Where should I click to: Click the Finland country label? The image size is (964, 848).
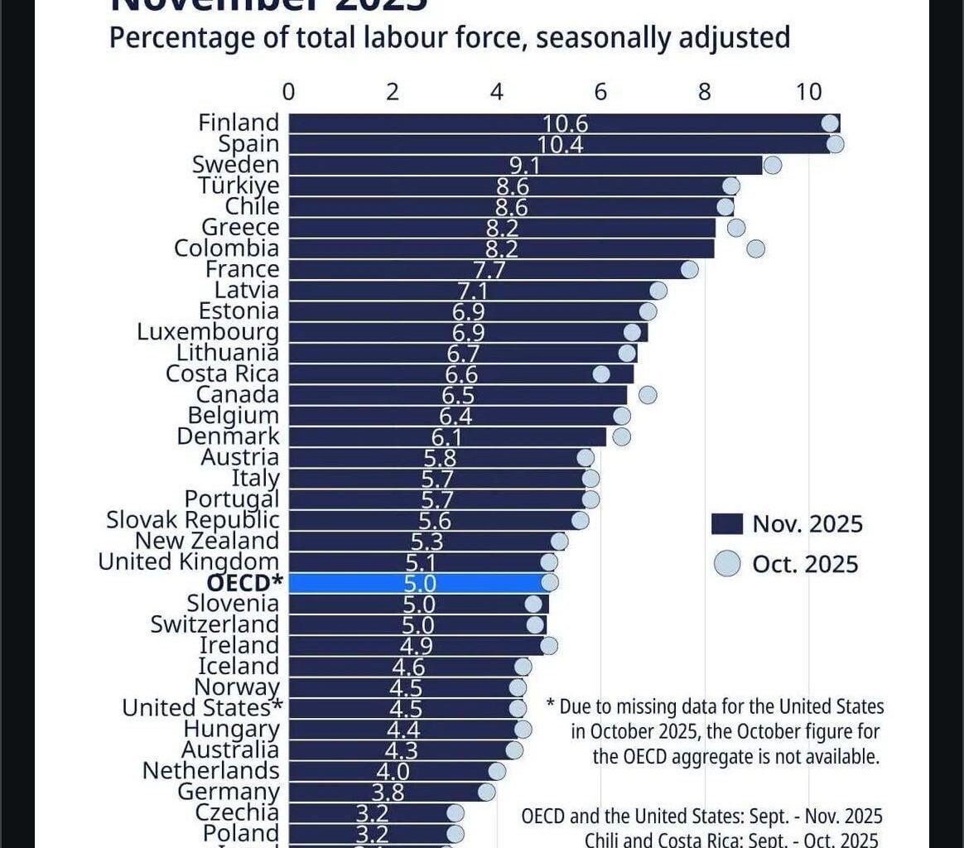239,123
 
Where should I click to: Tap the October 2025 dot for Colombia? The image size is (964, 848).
755,248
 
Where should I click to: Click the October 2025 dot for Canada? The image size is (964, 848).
648,395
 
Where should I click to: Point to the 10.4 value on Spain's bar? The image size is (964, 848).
562,144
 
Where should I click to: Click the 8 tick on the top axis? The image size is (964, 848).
705,91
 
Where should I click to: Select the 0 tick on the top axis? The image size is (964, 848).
288,91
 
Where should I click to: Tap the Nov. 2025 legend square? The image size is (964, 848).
725,524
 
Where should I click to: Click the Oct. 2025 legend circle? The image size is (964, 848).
725,564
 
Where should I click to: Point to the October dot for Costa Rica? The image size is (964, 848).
601,374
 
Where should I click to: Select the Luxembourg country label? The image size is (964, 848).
208,332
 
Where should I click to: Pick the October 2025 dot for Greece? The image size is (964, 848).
736,228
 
